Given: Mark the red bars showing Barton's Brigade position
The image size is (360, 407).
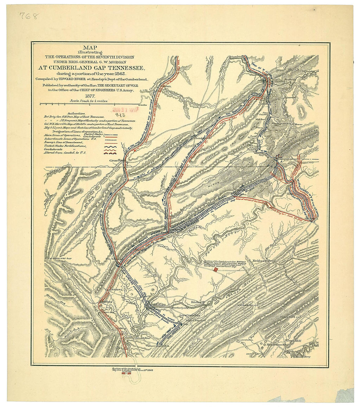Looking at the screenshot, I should tap(215, 270).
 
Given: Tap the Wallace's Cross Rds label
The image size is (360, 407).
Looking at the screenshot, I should tap(156, 345).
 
